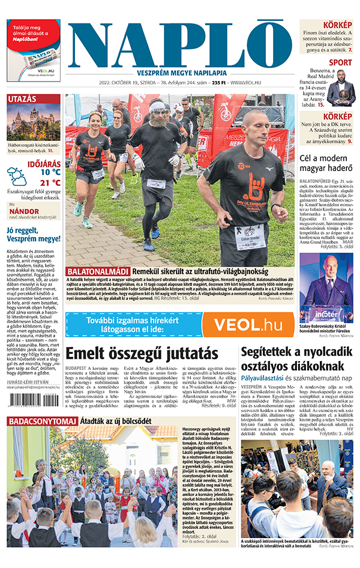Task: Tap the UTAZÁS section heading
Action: tap(23, 99)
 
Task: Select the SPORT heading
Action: tap(340, 62)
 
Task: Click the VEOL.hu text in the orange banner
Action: tap(248, 324)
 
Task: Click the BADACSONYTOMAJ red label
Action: tap(35, 420)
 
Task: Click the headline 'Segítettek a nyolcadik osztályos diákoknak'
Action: tap(297, 359)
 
